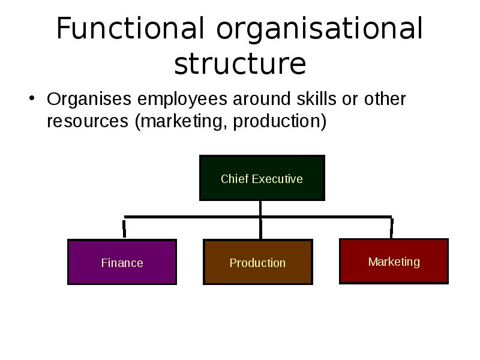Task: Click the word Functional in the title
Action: [x=130, y=28]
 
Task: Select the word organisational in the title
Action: [x=320, y=30]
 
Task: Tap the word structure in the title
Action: [x=240, y=64]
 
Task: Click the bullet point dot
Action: [x=32, y=98]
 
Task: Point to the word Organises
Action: [x=89, y=99]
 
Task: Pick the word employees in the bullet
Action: [x=182, y=100]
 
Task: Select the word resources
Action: [x=88, y=121]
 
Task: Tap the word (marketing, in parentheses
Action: [x=181, y=121]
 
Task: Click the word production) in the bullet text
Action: [x=280, y=121]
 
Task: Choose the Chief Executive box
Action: [x=262, y=178]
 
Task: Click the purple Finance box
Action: [x=122, y=262]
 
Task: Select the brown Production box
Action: [x=258, y=262]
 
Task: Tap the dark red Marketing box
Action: [x=394, y=261]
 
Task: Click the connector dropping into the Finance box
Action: [x=124, y=228]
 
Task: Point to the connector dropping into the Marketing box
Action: [x=392, y=228]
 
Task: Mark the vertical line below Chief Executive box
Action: [x=260, y=220]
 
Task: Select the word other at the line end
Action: [x=385, y=98]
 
